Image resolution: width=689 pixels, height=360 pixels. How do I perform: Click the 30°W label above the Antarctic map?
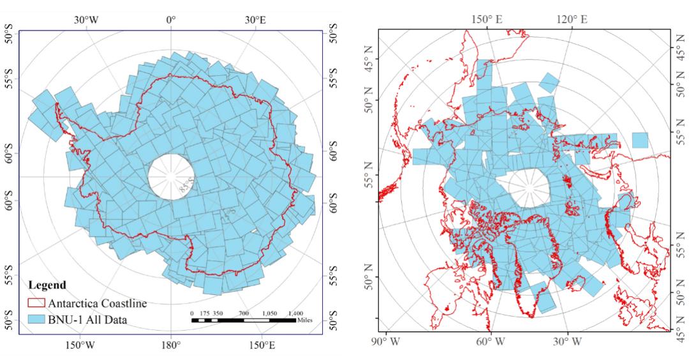(x=85, y=20)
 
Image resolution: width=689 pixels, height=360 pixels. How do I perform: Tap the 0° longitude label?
(x=170, y=20)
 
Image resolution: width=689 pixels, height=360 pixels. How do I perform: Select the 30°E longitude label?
(x=255, y=20)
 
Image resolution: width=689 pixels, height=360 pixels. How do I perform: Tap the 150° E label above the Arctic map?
(x=487, y=20)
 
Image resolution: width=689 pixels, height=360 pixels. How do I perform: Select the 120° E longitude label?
(x=572, y=20)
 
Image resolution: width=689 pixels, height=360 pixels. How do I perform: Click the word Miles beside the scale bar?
(x=305, y=320)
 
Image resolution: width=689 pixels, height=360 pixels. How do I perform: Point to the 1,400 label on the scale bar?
(x=295, y=313)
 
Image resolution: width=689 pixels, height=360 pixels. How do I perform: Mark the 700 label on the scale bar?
(x=244, y=313)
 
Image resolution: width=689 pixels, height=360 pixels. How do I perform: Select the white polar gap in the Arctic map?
(x=529, y=189)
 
